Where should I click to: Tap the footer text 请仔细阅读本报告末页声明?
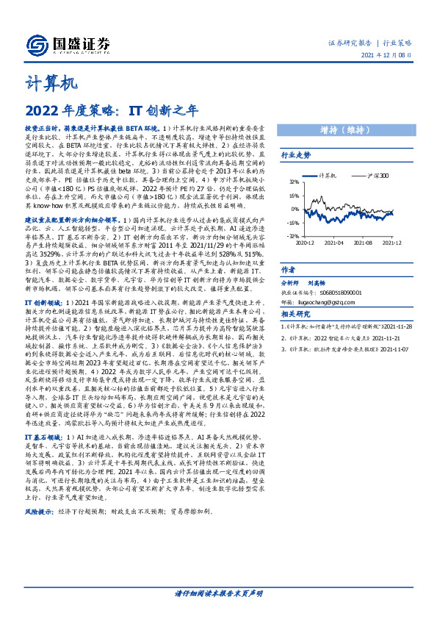pyautogui.click(x=217, y=593)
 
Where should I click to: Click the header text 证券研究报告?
pyautogui.click(x=347, y=43)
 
